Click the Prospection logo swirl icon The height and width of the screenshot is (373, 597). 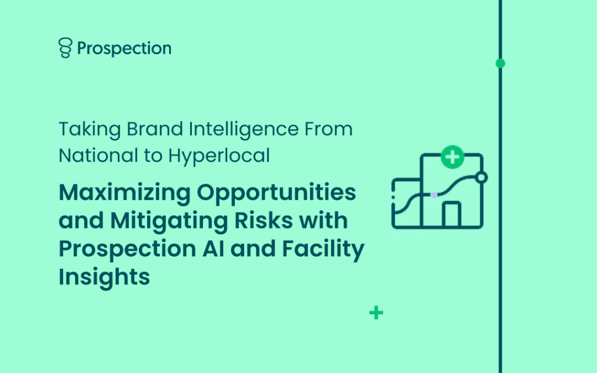pyautogui.click(x=65, y=48)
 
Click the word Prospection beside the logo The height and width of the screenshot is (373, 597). pyautogui.click(x=124, y=48)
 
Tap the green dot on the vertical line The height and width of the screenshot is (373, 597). pyautogui.click(x=500, y=63)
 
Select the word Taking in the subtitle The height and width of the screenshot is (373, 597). pyautogui.click(x=90, y=130)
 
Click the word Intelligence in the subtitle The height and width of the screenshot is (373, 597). pyautogui.click(x=244, y=130)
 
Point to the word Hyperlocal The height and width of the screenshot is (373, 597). pyautogui.click(x=219, y=156)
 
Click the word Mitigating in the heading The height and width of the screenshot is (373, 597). pyautogui.click(x=169, y=221)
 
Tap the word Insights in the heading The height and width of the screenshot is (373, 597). pyautogui.click(x=104, y=277)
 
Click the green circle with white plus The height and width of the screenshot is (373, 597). pyautogui.click(x=452, y=157)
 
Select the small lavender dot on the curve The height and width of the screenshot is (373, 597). pyautogui.click(x=434, y=195)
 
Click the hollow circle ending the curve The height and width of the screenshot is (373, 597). pyautogui.click(x=482, y=177)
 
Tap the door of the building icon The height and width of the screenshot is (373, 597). pyautogui.click(x=452, y=215)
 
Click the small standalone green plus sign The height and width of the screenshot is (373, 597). pyautogui.click(x=376, y=313)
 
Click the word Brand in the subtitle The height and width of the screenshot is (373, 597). pyautogui.click(x=154, y=129)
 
